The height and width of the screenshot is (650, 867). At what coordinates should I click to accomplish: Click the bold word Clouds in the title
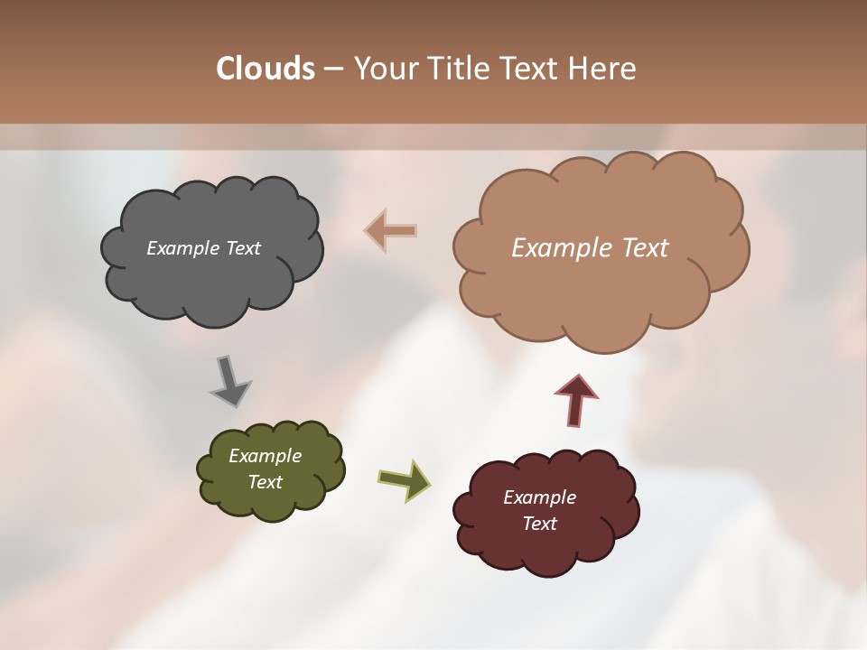[265, 69]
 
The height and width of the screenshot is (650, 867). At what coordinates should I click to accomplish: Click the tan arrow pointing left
[391, 230]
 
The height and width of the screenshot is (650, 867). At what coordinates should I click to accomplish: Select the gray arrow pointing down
[228, 380]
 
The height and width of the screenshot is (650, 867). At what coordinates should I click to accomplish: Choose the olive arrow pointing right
[404, 478]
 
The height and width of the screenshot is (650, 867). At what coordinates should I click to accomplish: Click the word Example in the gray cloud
[182, 248]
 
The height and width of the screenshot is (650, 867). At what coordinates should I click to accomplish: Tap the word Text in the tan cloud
[643, 248]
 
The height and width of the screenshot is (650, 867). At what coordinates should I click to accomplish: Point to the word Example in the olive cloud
[265, 456]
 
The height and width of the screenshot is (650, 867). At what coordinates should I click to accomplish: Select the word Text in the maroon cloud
[539, 524]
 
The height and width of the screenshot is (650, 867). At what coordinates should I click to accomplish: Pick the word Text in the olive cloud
[265, 482]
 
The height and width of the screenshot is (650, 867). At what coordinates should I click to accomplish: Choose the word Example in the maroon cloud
[539, 497]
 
